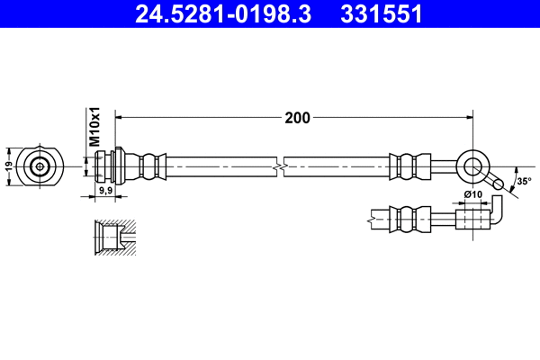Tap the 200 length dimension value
click(297, 117)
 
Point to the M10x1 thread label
click(93, 128)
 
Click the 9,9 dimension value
click(104, 191)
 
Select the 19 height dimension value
click(9, 166)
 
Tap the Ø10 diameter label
click(472, 195)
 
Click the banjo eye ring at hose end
click(472, 166)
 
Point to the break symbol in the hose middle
click(282, 166)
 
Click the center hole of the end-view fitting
click(40, 166)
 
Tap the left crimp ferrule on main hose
click(150, 166)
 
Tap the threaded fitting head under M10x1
click(108, 166)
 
